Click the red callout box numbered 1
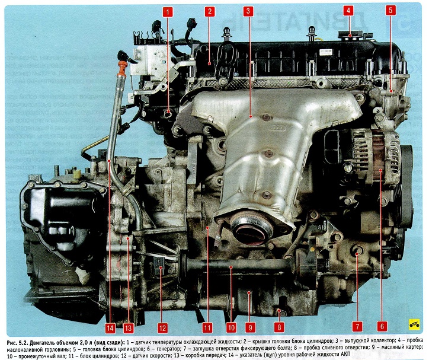tap(168, 12)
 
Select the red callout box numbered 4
tap(348, 11)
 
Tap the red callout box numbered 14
tap(110, 328)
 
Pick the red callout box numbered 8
tap(279, 327)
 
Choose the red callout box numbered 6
tap(382, 326)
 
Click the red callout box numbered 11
tap(207, 328)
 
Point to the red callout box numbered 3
tap(248, 11)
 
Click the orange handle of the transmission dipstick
tap(121, 68)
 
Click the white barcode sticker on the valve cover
tap(326, 52)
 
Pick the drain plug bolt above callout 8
tap(280, 311)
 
